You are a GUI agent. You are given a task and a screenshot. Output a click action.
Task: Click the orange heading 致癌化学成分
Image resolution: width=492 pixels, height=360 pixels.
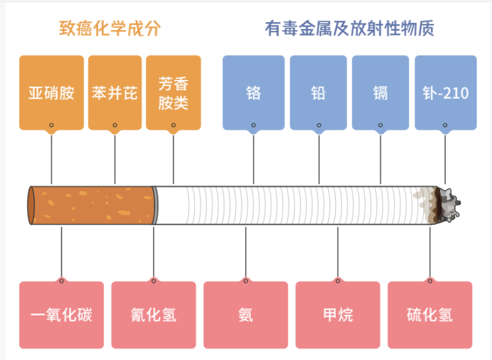tap(110, 29)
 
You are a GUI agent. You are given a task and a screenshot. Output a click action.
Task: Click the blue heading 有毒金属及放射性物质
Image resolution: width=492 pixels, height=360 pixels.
tap(349, 29)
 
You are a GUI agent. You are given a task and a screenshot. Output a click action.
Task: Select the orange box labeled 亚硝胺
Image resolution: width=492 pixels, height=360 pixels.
tap(51, 92)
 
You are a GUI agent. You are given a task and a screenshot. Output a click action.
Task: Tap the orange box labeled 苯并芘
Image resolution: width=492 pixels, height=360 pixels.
tap(115, 92)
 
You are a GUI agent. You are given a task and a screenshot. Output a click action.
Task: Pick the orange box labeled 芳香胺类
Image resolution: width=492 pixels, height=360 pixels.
tap(173, 92)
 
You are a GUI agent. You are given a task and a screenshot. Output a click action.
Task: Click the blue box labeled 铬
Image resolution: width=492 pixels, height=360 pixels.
tap(254, 92)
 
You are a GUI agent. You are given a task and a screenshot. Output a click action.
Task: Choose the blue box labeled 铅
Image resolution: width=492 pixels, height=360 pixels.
tap(318, 92)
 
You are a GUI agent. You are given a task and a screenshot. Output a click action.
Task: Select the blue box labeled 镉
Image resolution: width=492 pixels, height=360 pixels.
tap(380, 92)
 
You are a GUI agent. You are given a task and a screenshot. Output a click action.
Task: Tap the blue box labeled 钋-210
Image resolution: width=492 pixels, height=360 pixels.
tap(445, 92)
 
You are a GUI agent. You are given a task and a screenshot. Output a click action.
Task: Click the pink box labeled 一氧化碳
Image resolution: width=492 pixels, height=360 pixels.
tap(62, 314)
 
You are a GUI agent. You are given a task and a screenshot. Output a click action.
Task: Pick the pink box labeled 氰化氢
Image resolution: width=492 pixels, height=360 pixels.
tap(153, 314)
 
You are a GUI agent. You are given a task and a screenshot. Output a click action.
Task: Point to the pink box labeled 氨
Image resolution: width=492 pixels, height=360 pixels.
tap(246, 314)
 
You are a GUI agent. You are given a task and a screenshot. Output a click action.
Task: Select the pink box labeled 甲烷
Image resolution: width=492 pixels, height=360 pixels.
tap(338, 314)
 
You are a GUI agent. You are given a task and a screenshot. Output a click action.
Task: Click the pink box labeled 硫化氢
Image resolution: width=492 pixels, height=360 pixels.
tap(430, 314)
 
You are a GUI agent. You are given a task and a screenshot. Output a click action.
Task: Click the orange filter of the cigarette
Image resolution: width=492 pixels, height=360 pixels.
tap(91, 205)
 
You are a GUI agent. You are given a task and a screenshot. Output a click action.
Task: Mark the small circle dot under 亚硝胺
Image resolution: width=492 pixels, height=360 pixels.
tap(51, 125)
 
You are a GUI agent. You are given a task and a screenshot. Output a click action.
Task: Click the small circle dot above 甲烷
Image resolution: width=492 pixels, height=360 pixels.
tap(338, 281)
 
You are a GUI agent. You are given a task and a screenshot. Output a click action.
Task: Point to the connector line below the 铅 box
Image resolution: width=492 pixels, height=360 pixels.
tap(319, 160)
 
